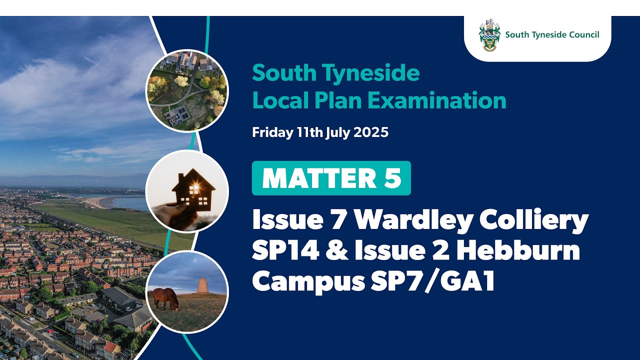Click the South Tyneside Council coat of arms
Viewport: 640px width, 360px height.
[489, 35]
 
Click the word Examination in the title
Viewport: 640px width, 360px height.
[437, 100]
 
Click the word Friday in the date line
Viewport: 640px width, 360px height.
[269, 133]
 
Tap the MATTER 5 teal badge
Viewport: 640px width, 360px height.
[331, 178]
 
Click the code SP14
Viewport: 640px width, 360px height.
[285, 250]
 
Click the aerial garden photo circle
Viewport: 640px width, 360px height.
[186, 90]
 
